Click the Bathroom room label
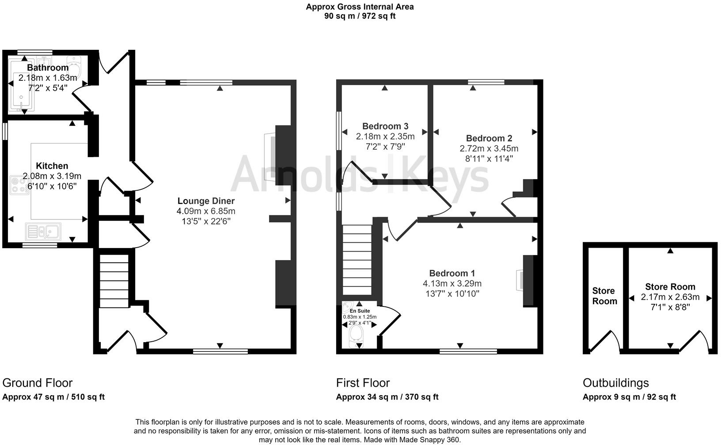(48, 68)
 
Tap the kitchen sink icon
(43, 231)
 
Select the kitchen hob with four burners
(19, 185)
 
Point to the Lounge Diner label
(206, 201)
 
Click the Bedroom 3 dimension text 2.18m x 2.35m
(385, 136)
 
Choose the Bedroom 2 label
(489, 138)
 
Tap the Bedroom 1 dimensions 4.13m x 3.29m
(452, 283)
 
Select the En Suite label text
(360, 311)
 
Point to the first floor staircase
(357, 260)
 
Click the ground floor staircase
(114, 281)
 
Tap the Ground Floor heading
(38, 383)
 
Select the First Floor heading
(363, 383)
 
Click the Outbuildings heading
(616, 383)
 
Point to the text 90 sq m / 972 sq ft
(360, 16)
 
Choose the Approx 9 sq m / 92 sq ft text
(629, 397)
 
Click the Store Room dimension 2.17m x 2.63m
(670, 297)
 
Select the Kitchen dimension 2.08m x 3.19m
(52, 176)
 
